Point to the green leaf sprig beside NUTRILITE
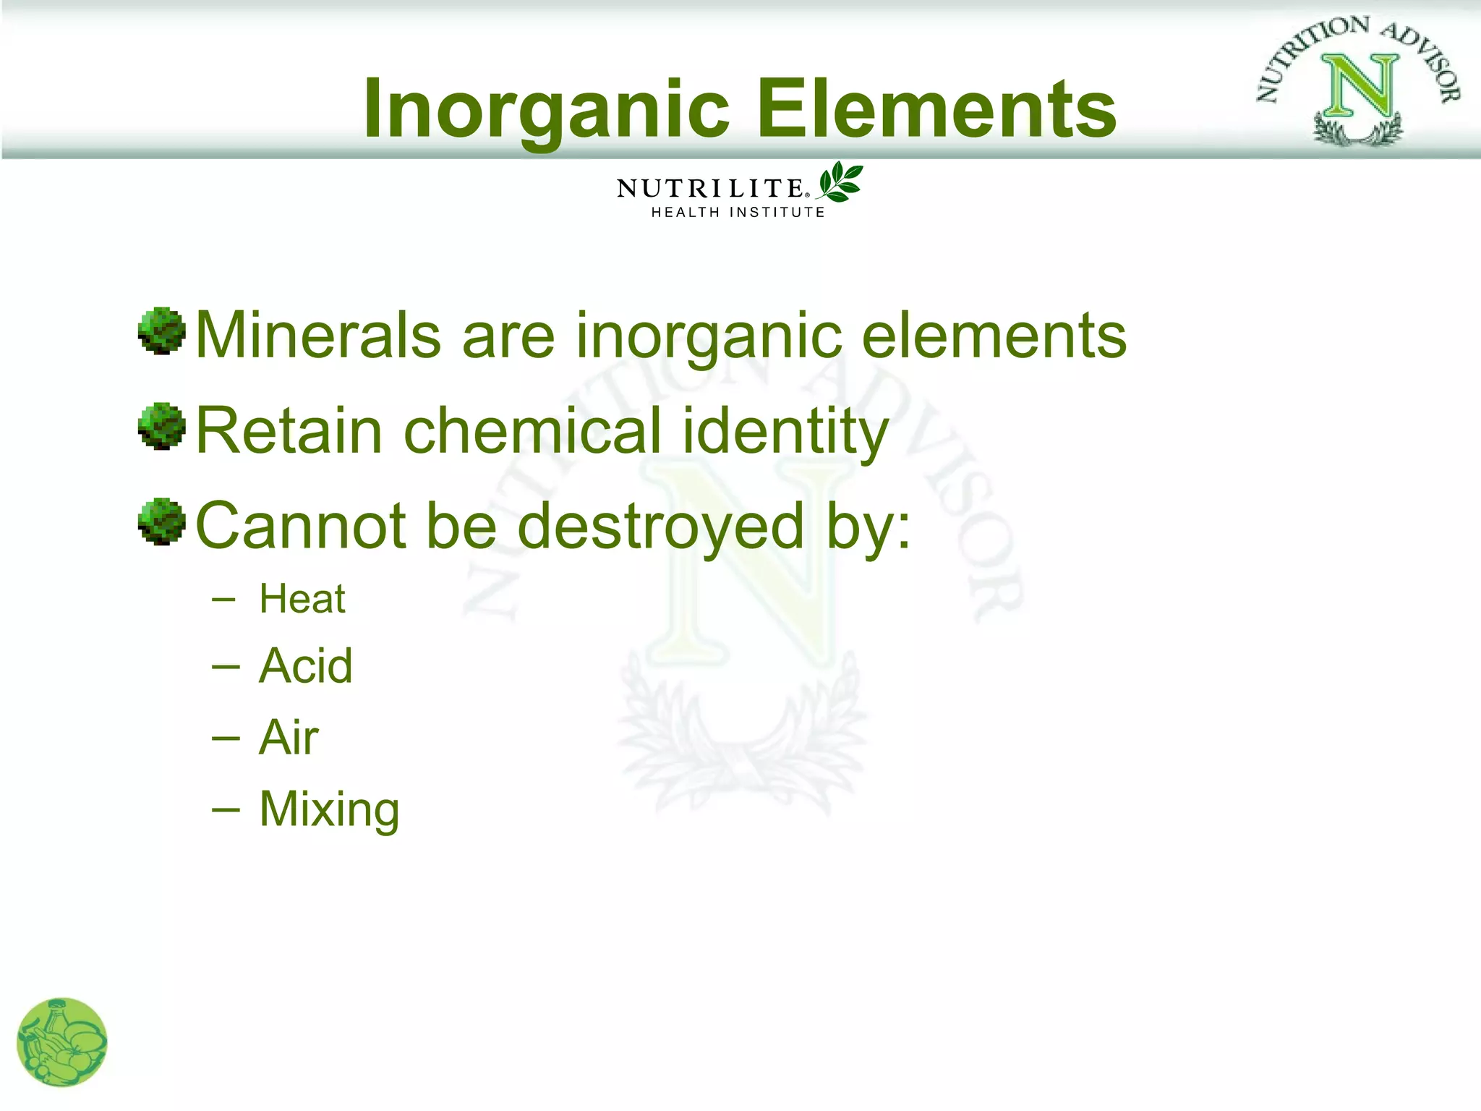[840, 181]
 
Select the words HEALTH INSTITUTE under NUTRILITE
[738, 213]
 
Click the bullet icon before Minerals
[161, 331]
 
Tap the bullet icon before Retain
[161, 426]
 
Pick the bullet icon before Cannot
[161, 521]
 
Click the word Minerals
[318, 335]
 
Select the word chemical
[532, 430]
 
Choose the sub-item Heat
[302, 599]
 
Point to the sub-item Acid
[306, 665]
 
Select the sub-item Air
[289, 737]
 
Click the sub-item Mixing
[329, 809]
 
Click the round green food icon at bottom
[62, 1042]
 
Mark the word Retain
[289, 430]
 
